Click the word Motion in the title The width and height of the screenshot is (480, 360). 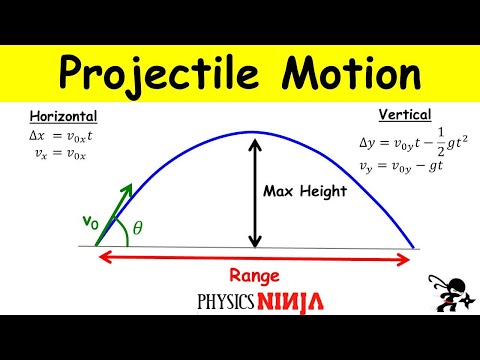click(x=345, y=75)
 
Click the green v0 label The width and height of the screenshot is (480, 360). click(x=89, y=226)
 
